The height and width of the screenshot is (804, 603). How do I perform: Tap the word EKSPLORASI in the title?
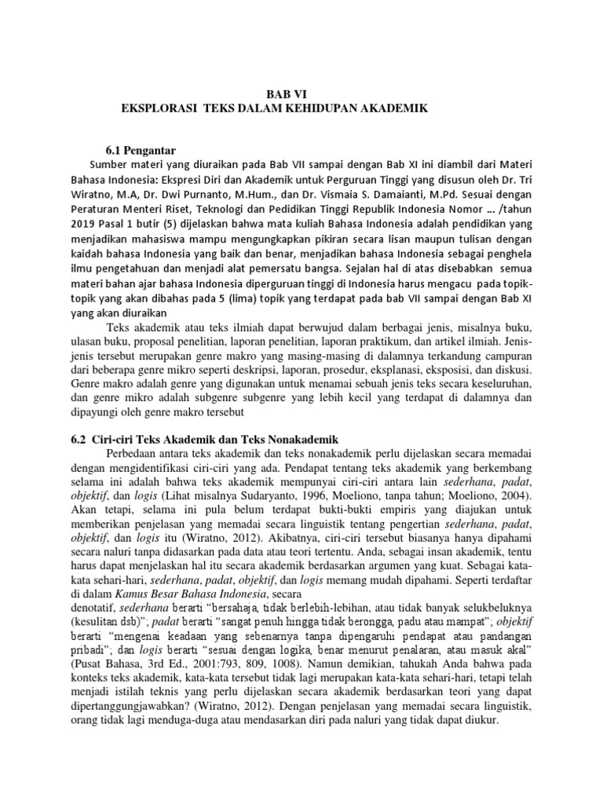tap(157, 108)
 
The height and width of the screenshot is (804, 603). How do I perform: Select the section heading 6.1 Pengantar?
tap(141, 150)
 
